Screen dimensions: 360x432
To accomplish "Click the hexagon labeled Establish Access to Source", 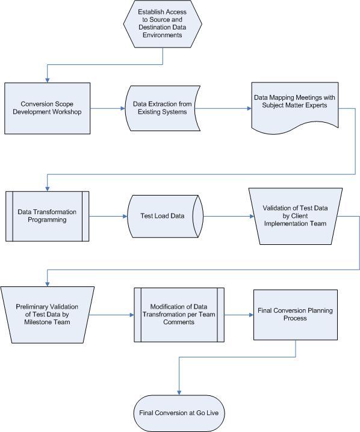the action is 163,23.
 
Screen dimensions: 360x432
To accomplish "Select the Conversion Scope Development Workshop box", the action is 47,108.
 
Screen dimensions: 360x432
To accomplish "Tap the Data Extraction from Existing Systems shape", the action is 163,108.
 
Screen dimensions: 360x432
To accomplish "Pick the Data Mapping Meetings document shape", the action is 295,108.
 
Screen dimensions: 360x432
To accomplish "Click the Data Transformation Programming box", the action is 47,216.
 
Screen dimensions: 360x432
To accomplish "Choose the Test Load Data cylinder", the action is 165,216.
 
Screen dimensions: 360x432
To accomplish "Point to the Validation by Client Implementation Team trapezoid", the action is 296,216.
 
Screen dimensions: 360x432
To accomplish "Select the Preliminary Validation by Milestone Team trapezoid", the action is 47,315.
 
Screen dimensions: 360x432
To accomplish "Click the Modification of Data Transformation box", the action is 179,315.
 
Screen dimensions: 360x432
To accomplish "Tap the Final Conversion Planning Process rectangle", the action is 296,315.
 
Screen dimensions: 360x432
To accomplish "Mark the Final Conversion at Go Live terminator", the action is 179,413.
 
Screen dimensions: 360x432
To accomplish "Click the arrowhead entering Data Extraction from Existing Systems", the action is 123,108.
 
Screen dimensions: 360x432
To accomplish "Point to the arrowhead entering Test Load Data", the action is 125,216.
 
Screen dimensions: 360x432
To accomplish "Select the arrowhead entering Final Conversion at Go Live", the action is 179,393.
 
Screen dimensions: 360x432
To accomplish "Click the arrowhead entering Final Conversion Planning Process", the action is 252,315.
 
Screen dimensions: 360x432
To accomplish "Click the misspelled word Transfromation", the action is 161,314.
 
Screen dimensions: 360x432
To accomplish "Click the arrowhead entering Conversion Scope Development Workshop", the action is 48,81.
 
